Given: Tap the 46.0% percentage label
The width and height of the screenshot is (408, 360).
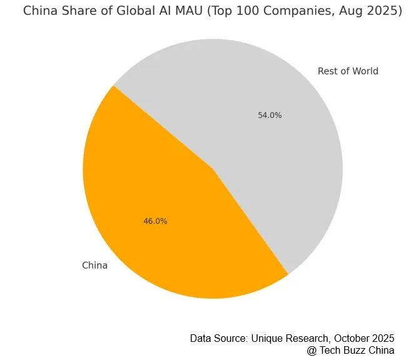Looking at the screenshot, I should coord(155,221).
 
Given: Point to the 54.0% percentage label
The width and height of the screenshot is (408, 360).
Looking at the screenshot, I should coord(270,115).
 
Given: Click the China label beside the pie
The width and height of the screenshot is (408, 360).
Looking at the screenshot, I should coord(94,265).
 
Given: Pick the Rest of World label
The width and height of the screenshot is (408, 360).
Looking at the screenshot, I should coord(348,71).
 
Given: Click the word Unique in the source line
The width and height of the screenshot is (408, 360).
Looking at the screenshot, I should coord(267,338).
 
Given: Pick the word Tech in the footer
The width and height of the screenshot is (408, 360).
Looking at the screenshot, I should coord(330,351).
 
